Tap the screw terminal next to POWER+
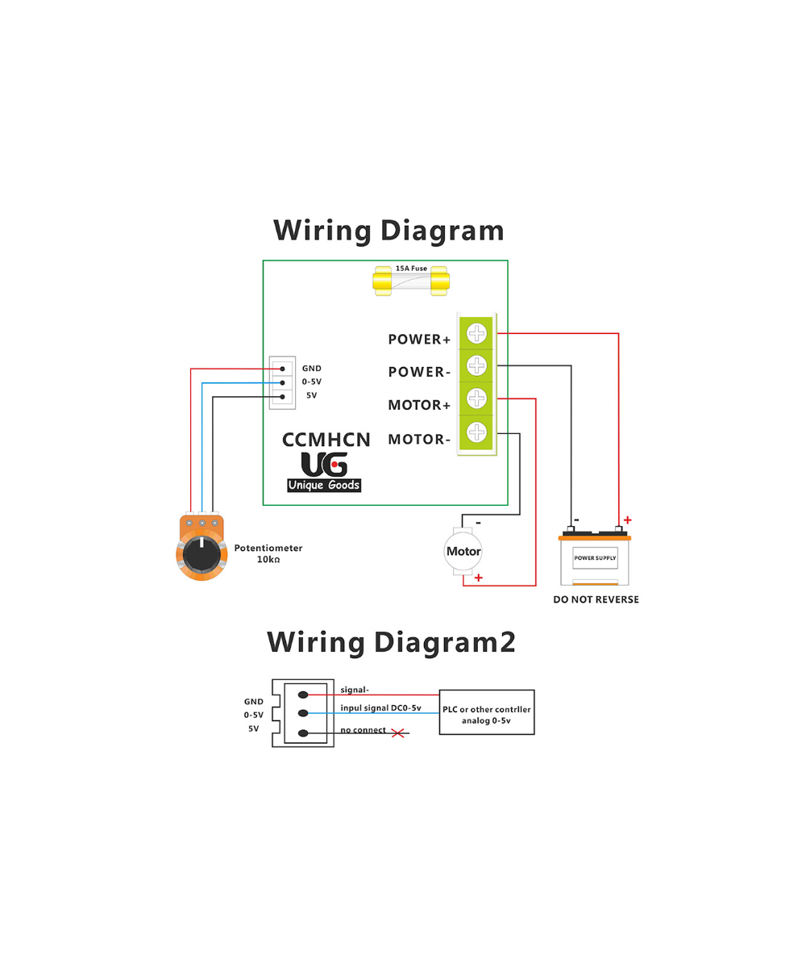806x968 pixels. [477, 332]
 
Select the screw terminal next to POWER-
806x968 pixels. [477, 365]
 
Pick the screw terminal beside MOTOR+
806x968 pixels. [477, 398]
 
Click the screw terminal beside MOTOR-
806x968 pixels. [477, 432]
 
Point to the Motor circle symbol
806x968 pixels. [463, 552]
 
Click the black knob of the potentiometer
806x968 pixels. [198, 554]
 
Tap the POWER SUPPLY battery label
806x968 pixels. [595, 557]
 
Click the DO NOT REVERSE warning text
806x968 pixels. [596, 599]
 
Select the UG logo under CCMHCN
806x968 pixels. [324, 465]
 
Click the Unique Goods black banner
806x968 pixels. [324, 485]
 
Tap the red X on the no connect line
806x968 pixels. [397, 732]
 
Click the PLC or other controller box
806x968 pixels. [487, 711]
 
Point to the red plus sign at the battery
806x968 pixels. [627, 520]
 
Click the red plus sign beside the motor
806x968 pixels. [479, 578]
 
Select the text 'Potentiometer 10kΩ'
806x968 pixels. [268, 553]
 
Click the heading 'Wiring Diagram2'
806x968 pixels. [391, 642]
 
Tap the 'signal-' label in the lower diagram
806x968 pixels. [355, 690]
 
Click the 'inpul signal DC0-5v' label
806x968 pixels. [380, 707]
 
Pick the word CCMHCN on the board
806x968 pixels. [326, 440]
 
